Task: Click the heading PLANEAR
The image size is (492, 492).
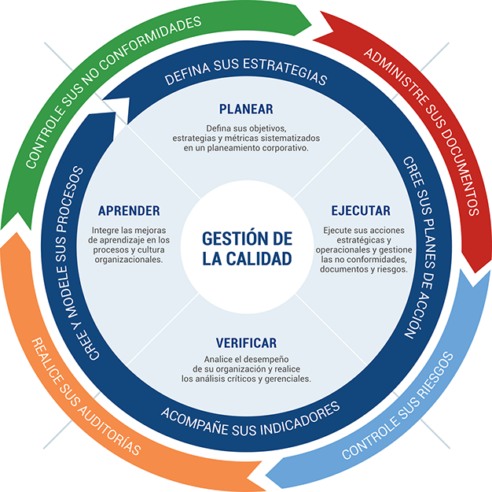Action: pyautogui.click(x=246, y=109)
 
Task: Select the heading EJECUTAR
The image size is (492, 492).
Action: pyautogui.click(x=360, y=211)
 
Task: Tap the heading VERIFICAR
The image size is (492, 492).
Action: pyautogui.click(x=246, y=343)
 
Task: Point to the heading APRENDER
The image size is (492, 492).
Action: pyautogui.click(x=129, y=211)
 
